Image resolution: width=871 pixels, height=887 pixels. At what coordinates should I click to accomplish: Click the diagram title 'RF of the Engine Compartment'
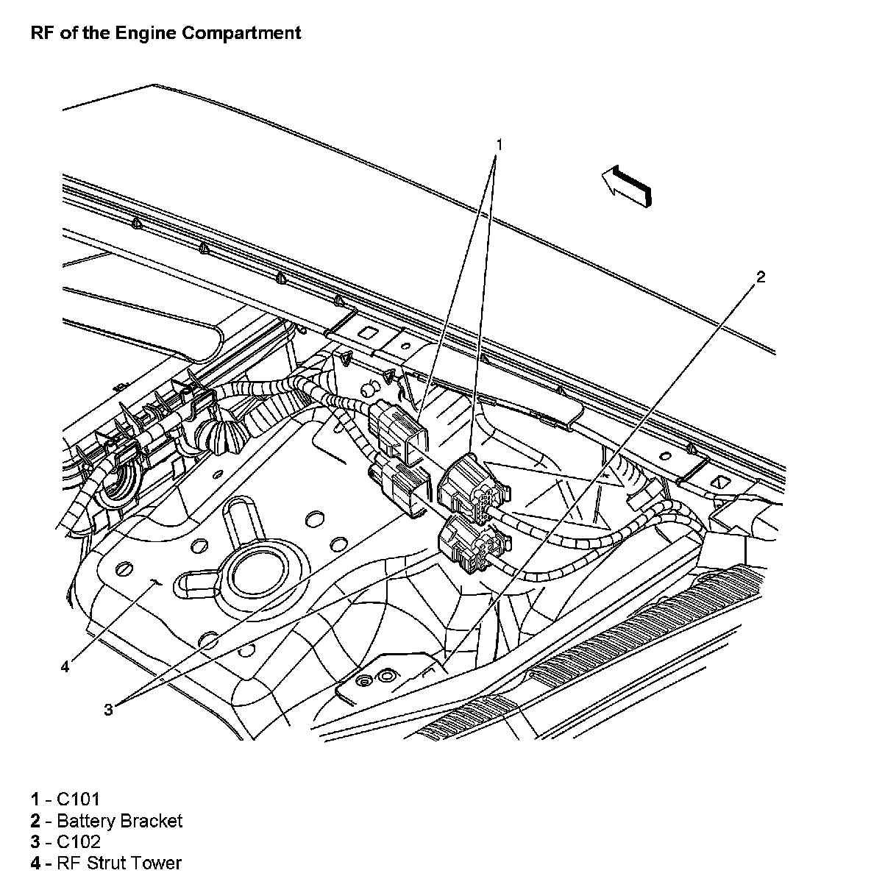[x=166, y=33]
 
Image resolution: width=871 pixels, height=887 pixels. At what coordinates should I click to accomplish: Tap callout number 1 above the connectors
[x=499, y=145]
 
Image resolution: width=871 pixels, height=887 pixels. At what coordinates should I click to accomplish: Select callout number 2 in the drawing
[x=761, y=277]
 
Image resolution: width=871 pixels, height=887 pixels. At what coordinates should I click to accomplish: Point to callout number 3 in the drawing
[x=108, y=710]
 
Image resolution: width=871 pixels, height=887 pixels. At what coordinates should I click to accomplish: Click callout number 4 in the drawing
[x=65, y=666]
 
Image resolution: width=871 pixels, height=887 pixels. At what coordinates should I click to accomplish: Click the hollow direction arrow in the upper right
[x=627, y=186]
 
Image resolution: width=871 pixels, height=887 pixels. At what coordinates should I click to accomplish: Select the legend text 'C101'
[x=78, y=799]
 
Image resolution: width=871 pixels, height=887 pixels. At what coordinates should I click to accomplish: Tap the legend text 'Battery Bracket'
[x=120, y=821]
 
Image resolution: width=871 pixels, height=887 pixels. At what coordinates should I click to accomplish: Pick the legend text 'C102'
[x=78, y=841]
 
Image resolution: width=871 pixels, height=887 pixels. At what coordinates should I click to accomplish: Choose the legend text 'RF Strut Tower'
[x=119, y=863]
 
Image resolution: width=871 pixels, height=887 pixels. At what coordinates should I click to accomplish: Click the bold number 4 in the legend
[x=35, y=863]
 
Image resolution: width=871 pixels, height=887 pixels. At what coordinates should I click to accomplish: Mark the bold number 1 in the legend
[x=35, y=799]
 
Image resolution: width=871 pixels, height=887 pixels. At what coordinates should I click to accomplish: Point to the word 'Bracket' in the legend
[x=151, y=821]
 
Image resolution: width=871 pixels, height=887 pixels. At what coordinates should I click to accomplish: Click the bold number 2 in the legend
[x=35, y=821]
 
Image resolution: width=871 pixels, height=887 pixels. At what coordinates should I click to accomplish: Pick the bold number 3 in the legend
[x=35, y=842]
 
